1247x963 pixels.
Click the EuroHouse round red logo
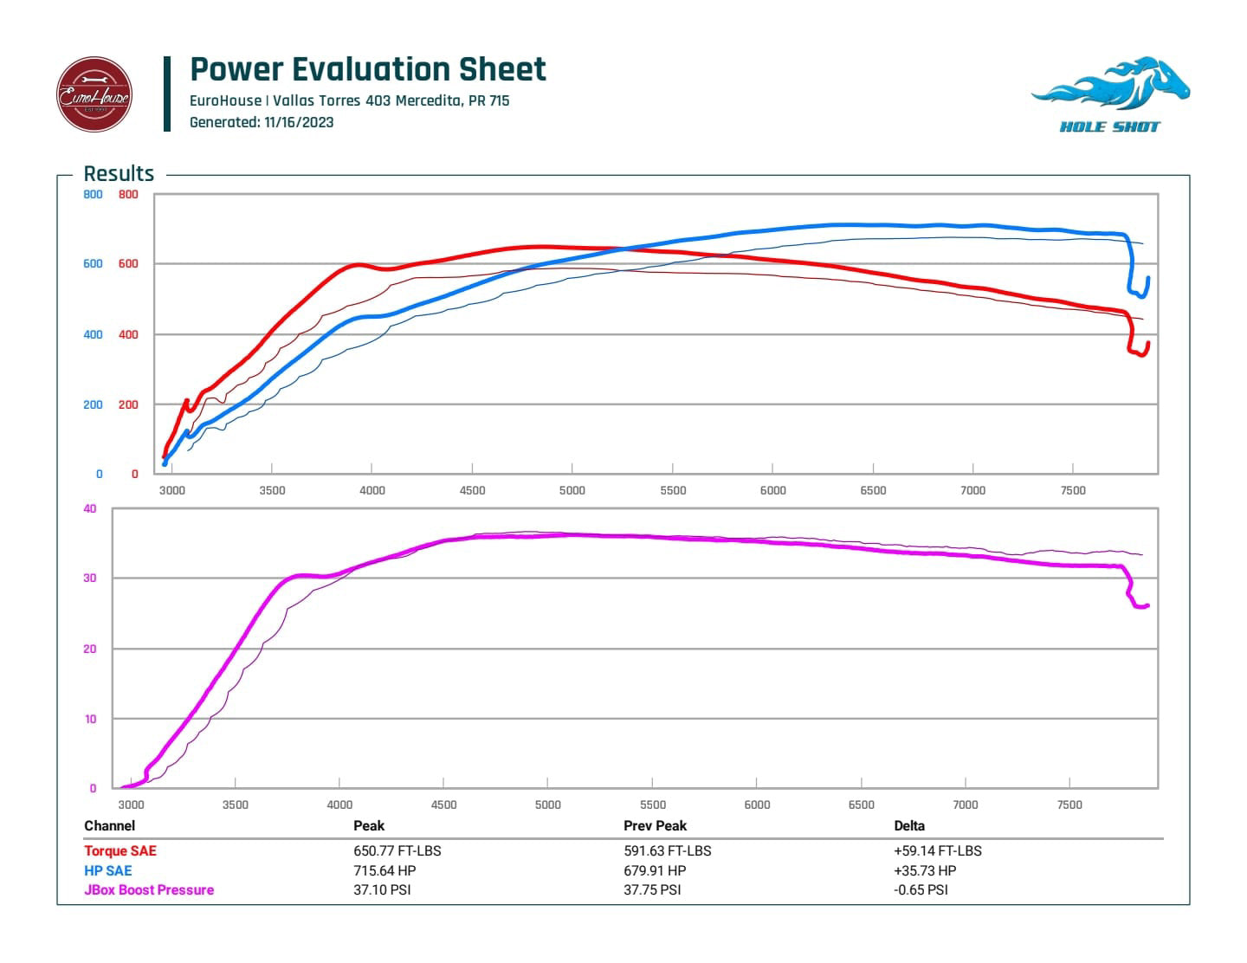pos(94,94)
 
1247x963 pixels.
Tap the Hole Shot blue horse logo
pos(1110,94)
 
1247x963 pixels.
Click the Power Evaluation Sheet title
pos(368,69)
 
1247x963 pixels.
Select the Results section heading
pos(119,173)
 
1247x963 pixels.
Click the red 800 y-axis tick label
pos(128,195)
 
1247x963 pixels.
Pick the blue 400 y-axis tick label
pos(93,335)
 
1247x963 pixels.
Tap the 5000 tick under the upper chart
pos(572,490)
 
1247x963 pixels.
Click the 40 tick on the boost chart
pos(90,509)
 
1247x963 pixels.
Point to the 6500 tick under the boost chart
pos(862,805)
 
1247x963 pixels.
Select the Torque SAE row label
pos(120,850)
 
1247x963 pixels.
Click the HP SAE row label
pos(108,870)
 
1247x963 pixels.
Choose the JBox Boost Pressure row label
pos(149,889)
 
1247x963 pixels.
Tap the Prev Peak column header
pos(655,825)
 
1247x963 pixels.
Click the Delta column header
pos(909,825)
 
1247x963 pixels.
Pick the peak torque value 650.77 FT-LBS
pos(397,850)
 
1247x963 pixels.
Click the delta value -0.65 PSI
pos(921,889)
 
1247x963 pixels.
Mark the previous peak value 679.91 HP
pos(655,870)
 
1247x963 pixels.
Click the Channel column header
pos(110,825)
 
